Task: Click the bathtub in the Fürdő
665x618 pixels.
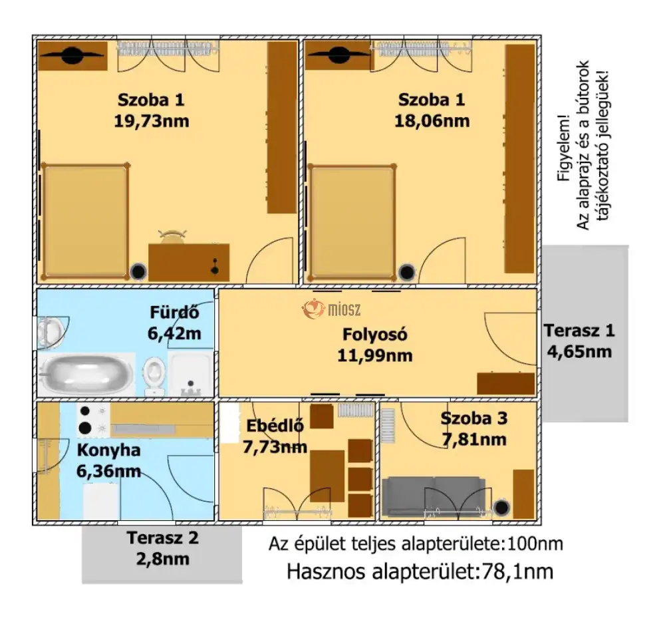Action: pos(86,374)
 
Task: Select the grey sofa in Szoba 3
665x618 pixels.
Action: pos(434,496)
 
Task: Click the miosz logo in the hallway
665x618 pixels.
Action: pos(331,309)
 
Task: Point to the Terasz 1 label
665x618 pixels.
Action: pos(579,331)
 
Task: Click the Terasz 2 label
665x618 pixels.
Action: pos(162,538)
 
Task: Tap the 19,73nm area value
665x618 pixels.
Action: pos(152,121)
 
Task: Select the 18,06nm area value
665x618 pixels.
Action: pos(432,121)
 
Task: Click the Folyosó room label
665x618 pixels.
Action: pos(375,335)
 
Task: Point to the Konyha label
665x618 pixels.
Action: pos(108,450)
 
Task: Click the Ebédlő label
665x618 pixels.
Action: pos(275,426)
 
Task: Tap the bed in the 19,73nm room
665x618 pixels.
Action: pos(85,222)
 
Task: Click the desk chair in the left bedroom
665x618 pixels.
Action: pos(172,237)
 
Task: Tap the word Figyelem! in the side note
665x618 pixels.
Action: pos(564,148)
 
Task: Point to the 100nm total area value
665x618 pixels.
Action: pos(535,543)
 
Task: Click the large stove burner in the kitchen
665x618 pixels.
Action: pos(85,428)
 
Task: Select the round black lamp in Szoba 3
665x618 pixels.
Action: pos(501,508)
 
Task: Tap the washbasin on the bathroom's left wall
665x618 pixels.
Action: pos(52,332)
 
